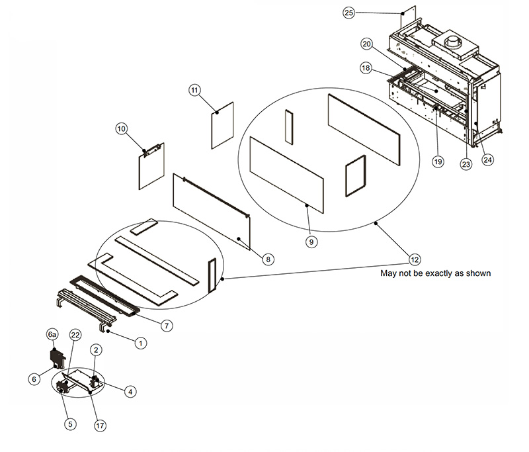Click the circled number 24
pos(488,159)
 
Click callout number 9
pos(311,242)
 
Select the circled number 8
pos(267,260)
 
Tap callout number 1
pos(140,343)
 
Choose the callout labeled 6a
pos(52,336)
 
